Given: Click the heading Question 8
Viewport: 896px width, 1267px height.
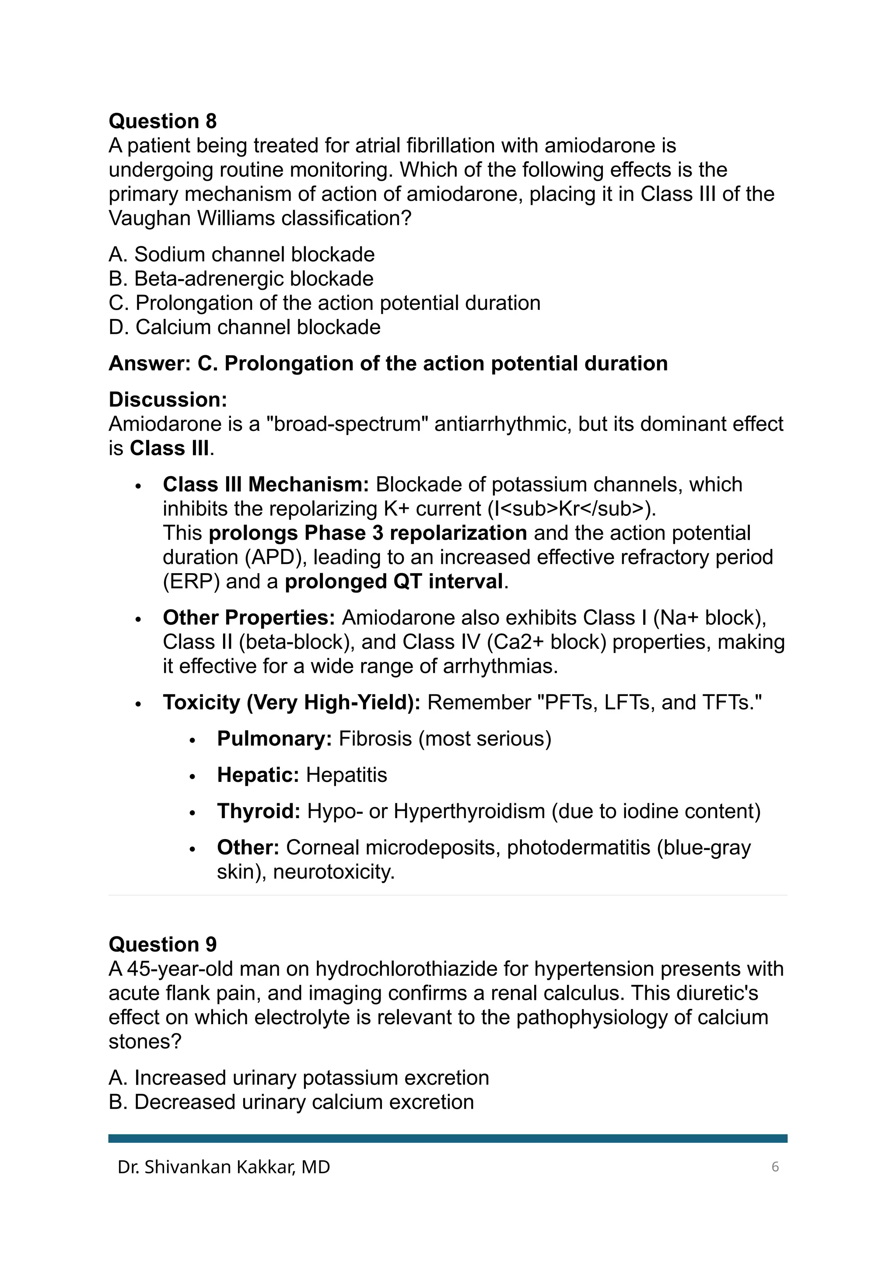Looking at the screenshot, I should point(163,121).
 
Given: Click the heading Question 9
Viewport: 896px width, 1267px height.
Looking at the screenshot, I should point(163,944).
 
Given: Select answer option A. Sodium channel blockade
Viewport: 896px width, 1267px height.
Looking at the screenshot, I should point(241,254).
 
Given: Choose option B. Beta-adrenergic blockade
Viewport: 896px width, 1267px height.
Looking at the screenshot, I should point(241,279).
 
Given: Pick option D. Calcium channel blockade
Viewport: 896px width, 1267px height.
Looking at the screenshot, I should point(245,327).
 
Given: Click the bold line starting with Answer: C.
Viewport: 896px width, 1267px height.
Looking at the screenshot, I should point(388,364).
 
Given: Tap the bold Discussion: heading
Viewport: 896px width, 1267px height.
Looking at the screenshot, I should point(168,399).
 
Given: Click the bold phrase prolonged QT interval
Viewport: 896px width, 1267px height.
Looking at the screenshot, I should point(394,581).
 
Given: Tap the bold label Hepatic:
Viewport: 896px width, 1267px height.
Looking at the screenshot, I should point(258,775).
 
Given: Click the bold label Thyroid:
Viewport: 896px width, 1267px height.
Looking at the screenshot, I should point(259,811).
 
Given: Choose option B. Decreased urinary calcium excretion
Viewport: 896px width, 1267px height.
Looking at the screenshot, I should point(291,1102).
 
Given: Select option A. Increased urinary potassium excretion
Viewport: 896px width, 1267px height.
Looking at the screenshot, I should point(298,1078).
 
